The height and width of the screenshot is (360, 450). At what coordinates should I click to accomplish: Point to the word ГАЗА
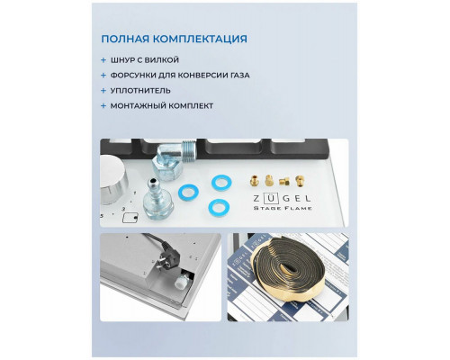coord(236,76)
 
